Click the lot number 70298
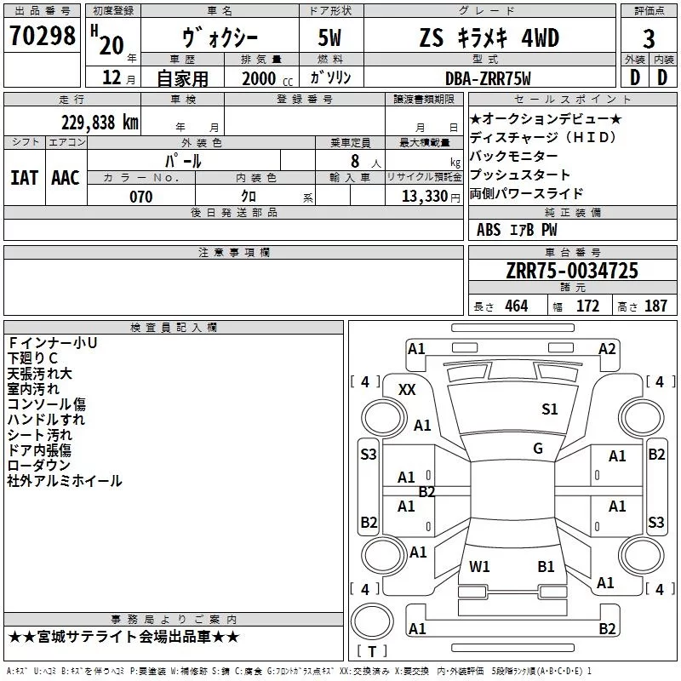(x=42, y=35)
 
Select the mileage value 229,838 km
(x=100, y=123)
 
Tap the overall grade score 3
(x=649, y=39)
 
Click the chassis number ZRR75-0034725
(x=572, y=270)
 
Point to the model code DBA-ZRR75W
(x=488, y=78)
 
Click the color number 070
(x=141, y=197)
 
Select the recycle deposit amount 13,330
(x=425, y=197)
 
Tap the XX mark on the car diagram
(x=407, y=390)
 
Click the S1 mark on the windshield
(x=549, y=409)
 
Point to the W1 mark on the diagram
(x=479, y=566)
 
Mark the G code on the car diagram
(x=538, y=449)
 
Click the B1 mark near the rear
(x=546, y=566)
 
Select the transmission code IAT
(x=24, y=178)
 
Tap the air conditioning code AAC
(x=66, y=178)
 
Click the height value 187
(x=655, y=306)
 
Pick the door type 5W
(x=329, y=38)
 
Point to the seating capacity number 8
(x=355, y=161)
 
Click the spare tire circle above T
(x=372, y=621)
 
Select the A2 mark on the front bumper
(x=607, y=349)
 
